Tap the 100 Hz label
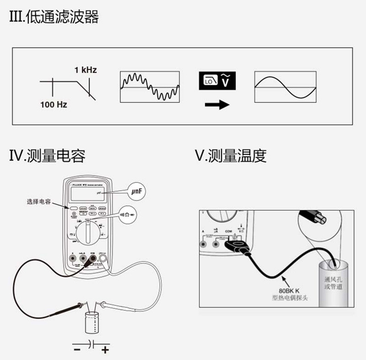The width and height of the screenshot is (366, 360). [x=54, y=105]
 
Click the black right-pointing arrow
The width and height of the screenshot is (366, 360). [x=217, y=105]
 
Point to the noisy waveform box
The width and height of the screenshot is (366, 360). [x=150, y=87]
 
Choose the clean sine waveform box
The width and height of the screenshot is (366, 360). [x=286, y=87]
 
